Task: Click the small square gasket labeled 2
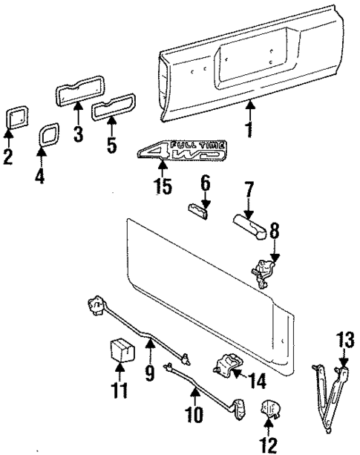pos(12,117)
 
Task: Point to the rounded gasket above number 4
pos(48,136)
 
